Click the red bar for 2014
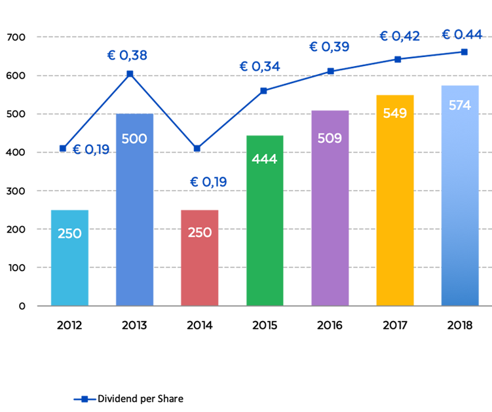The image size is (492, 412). click(200, 258)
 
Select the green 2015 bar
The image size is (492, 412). click(265, 221)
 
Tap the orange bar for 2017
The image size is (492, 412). click(395, 200)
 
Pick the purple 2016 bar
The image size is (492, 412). click(330, 208)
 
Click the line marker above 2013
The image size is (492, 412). click(130, 74)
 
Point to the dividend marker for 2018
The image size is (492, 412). click(464, 52)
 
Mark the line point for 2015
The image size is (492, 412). click(264, 90)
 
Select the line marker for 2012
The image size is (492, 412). click(63, 149)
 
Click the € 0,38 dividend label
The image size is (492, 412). click(127, 55)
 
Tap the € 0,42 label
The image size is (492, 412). click(400, 37)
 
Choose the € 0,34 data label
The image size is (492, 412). click(259, 67)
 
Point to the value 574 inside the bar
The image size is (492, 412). click(460, 105)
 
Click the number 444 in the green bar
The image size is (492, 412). click(265, 159)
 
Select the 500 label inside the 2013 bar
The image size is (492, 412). click(134, 139)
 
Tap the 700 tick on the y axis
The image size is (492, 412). click(16, 37)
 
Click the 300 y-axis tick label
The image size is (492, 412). click(16, 191)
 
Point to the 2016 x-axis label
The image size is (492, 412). click(330, 326)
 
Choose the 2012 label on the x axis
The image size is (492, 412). click(69, 326)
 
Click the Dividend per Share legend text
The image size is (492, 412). click(141, 399)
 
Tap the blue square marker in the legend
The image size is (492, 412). click(85, 399)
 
